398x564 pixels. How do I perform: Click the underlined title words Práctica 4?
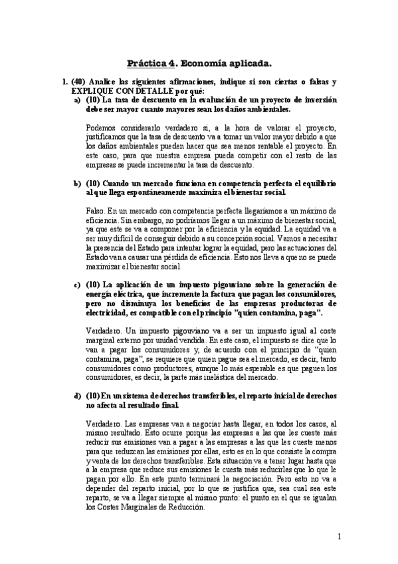pyautogui.click(x=152, y=64)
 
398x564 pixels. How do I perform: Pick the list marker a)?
pyautogui.click(x=78, y=99)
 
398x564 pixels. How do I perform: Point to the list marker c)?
pyautogui.click(x=78, y=285)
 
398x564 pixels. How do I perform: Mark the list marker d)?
pyautogui.click(x=78, y=396)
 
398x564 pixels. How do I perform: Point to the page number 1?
pyautogui.click(x=338, y=537)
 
